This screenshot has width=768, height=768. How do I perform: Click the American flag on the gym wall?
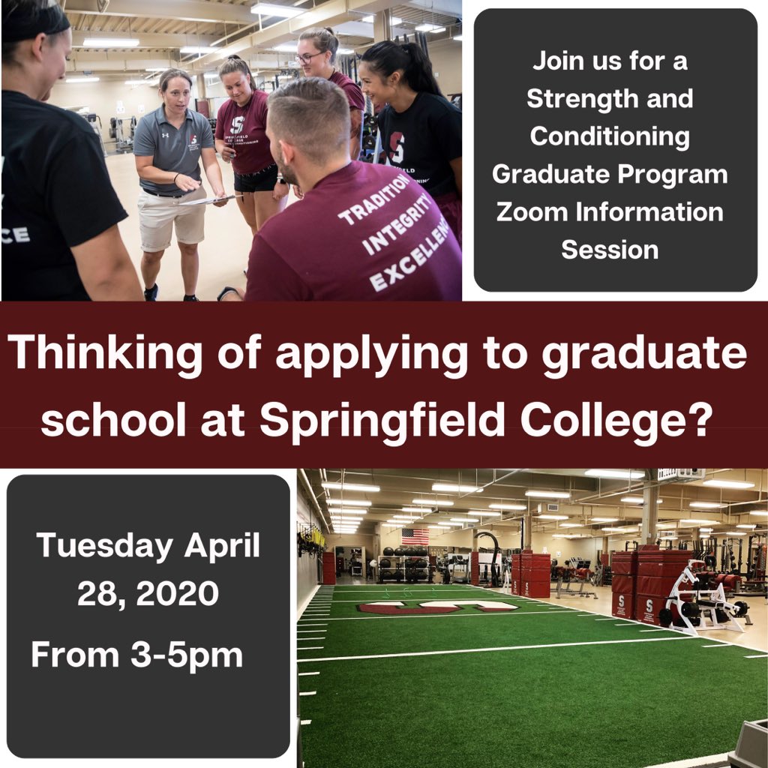click(415, 535)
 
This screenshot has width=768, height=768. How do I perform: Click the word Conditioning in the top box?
click(609, 136)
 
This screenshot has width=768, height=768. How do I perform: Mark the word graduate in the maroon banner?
click(644, 352)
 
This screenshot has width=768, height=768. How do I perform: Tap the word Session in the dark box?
click(609, 249)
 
